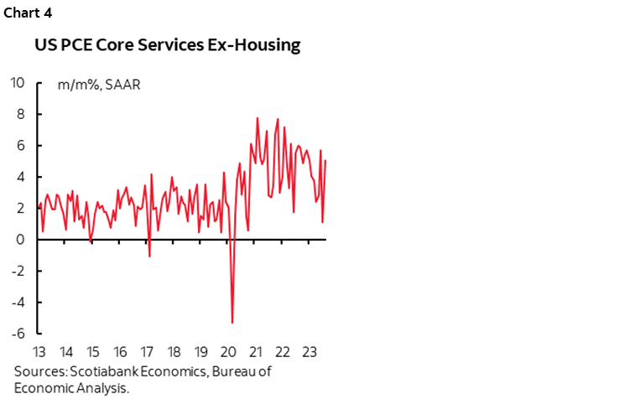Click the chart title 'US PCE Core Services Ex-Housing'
pyautogui.click(x=167, y=45)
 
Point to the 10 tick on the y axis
pyautogui.click(x=17, y=82)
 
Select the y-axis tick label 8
pyautogui.click(x=20, y=114)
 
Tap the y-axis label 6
pyautogui.click(x=20, y=145)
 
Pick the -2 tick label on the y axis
pyautogui.click(x=18, y=271)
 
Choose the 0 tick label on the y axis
pyautogui.click(x=20, y=240)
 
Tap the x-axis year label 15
pyautogui.click(x=93, y=351)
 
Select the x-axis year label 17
pyautogui.click(x=147, y=351)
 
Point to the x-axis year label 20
pyautogui.click(x=227, y=351)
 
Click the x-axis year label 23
pyautogui.click(x=308, y=351)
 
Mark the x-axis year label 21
pyautogui.click(x=254, y=351)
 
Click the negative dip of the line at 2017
pyautogui.click(x=149, y=256)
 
